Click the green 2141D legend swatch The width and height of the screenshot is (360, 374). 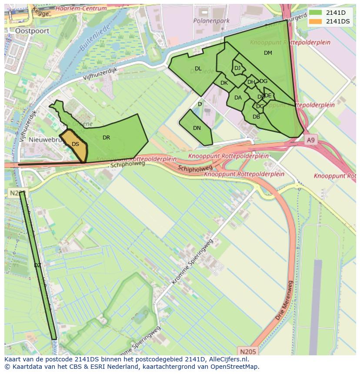pos(316,13)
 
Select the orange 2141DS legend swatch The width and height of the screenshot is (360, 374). pos(316,21)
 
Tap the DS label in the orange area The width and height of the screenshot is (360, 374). pos(75,144)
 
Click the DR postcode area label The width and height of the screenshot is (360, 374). pos(106,138)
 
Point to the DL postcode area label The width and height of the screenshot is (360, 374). pos(198,69)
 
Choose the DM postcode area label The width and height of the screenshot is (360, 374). pos(268,53)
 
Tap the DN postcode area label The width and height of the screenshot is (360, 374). pos(197,128)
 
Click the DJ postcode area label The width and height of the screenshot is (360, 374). pos(237,68)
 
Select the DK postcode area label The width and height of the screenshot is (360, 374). pos(224,83)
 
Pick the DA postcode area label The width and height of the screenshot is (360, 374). pos(238,98)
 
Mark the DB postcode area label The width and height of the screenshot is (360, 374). pos(256,117)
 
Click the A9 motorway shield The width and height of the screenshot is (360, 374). pos(310,140)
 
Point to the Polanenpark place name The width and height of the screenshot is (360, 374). pos(211,21)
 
